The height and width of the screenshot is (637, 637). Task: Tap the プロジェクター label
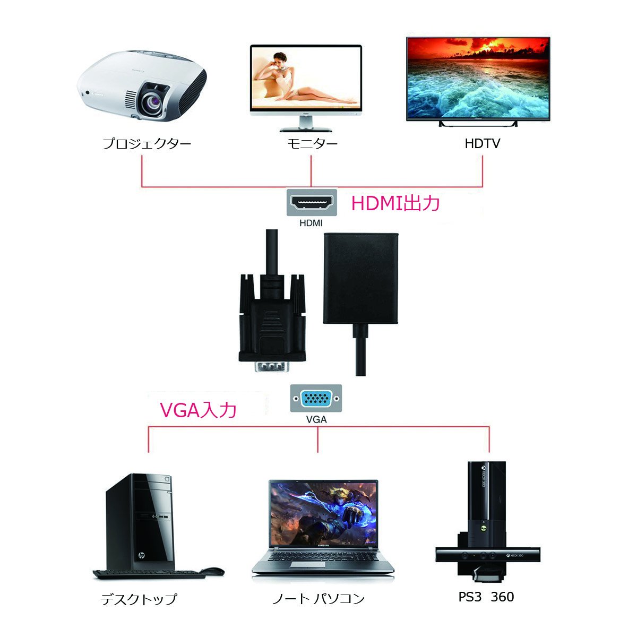coord(147,143)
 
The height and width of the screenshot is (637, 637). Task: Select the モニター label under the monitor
coord(312,143)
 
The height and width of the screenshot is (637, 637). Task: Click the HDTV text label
coord(482,143)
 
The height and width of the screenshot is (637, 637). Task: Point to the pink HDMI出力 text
coord(395,203)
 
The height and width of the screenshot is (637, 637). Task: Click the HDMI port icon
coord(311,203)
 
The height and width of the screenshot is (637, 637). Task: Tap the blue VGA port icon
coord(316,399)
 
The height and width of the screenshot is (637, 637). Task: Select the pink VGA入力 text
coord(198,410)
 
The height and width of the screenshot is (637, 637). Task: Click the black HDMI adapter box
coord(360,278)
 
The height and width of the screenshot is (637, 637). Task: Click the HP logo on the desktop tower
coord(142,556)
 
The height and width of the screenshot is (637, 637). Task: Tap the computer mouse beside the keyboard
coord(212,571)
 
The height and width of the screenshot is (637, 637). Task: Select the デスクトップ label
coord(139,599)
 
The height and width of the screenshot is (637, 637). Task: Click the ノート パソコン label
coord(318,599)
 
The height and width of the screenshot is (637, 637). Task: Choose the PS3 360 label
coord(486,597)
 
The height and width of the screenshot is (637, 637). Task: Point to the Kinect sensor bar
coord(487,555)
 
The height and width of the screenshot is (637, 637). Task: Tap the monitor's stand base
coord(305,128)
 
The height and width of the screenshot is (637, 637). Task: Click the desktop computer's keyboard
coord(149,574)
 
